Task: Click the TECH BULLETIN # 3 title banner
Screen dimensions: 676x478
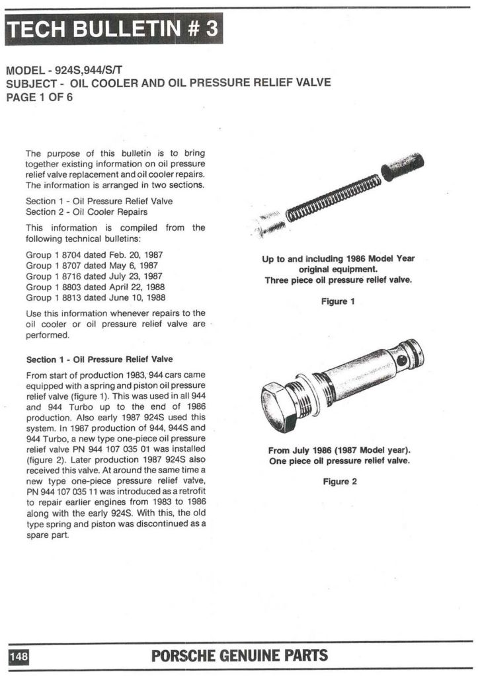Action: (x=114, y=30)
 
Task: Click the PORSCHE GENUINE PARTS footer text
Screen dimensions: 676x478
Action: (x=239, y=656)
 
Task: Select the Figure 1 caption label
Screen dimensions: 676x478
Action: (x=339, y=301)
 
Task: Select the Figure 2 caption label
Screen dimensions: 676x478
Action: (x=339, y=481)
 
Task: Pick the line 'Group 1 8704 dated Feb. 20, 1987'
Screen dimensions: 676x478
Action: (x=94, y=254)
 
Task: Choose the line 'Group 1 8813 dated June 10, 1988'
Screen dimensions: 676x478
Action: (x=95, y=297)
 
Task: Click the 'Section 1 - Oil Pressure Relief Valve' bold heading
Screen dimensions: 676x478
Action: (x=99, y=359)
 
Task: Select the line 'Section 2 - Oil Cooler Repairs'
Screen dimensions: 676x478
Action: (x=86, y=211)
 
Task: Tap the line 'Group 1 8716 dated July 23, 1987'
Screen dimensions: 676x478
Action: (x=95, y=276)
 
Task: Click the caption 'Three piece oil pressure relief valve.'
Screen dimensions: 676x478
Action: (x=338, y=280)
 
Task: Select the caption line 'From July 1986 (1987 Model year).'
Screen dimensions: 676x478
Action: (x=339, y=450)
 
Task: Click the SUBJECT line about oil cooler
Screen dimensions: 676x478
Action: (x=167, y=84)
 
